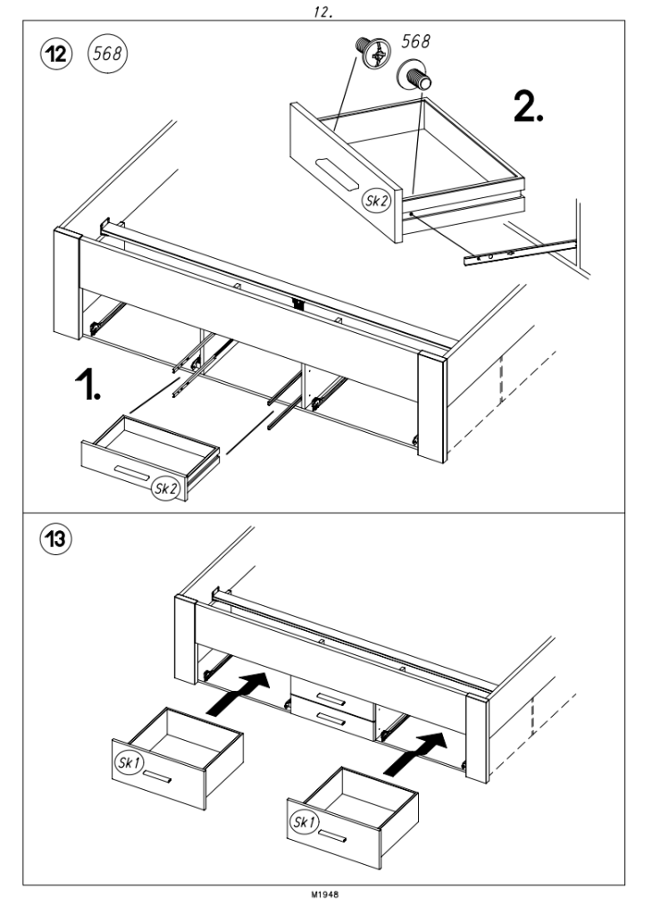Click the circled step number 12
pyautogui.click(x=57, y=51)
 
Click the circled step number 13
pyautogui.click(x=57, y=540)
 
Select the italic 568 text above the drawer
pyautogui.click(x=414, y=40)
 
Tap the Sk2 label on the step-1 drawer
pyautogui.click(x=165, y=487)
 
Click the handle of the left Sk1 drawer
pyautogui.click(x=159, y=778)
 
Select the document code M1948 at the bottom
pyautogui.click(x=326, y=897)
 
